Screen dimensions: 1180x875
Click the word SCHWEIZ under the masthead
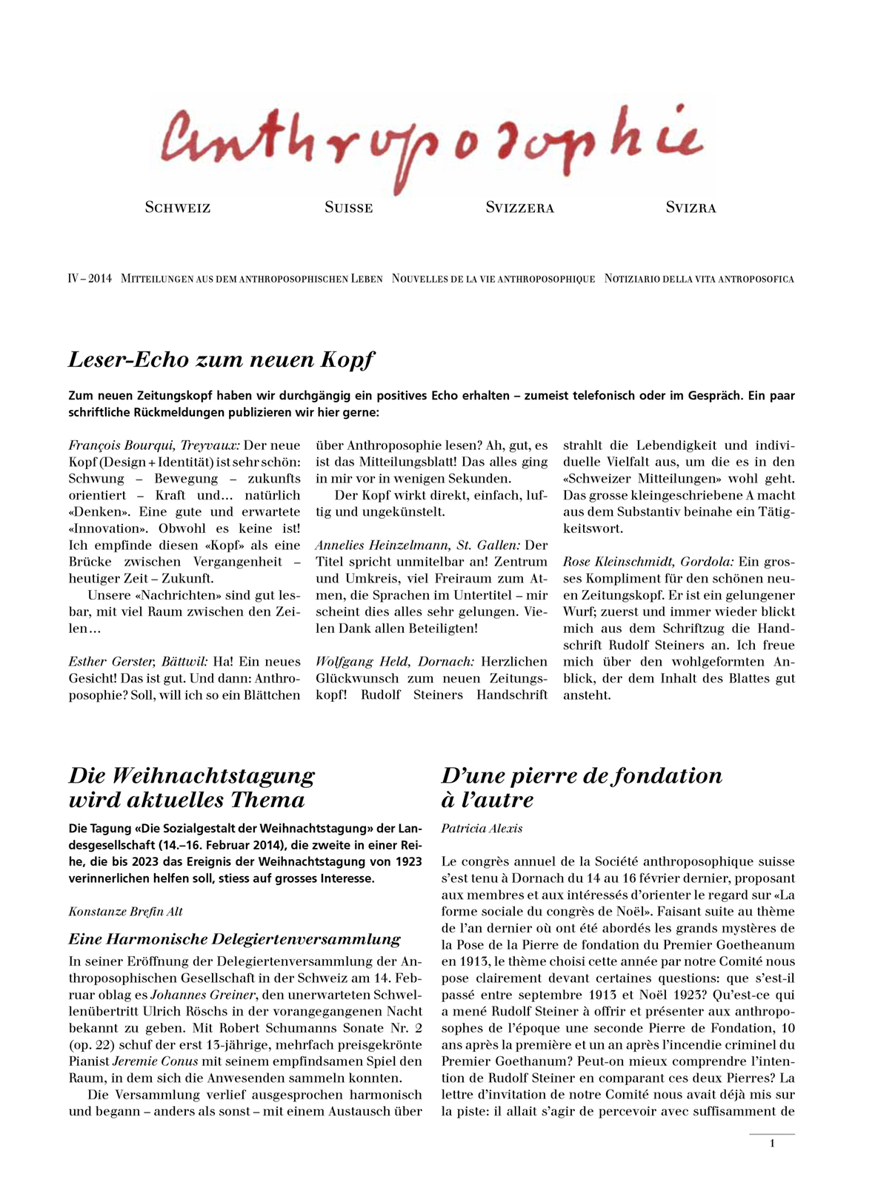[x=178, y=208]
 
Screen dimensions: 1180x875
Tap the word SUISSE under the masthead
[x=348, y=208]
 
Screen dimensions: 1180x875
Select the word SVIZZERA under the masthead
[x=519, y=208]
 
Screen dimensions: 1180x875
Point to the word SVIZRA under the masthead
[x=691, y=208]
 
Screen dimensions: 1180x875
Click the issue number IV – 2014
[x=90, y=279]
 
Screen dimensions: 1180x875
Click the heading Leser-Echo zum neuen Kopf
[x=221, y=359]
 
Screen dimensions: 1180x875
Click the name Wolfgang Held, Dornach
[x=395, y=662]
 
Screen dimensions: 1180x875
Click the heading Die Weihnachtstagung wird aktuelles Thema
[x=191, y=787]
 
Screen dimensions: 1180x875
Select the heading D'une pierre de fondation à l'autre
[x=581, y=787]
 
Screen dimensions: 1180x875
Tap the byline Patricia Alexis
[x=482, y=829]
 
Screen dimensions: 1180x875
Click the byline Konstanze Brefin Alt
[x=125, y=912]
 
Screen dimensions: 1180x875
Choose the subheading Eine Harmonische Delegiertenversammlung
[x=234, y=939]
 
